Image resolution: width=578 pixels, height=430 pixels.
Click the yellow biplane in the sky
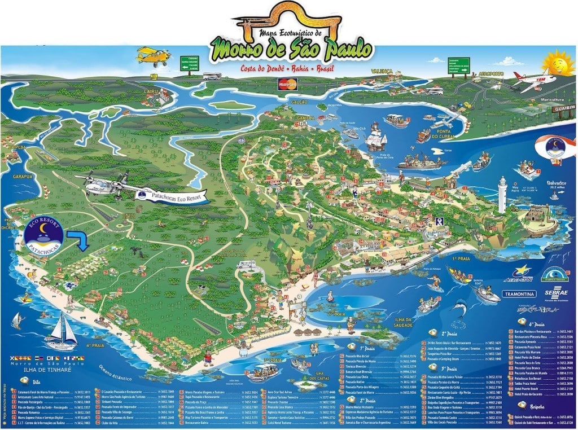point(153,56)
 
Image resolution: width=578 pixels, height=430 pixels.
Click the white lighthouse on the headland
point(502,195)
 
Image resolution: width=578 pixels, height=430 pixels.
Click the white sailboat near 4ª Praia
point(61,333)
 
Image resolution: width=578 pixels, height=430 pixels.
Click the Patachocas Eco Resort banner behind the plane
point(172,195)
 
